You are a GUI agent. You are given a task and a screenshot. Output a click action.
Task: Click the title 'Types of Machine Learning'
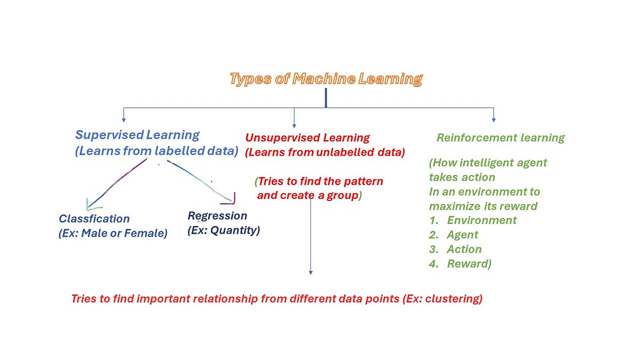point(326,79)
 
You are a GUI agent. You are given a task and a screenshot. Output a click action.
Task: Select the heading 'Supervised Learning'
point(137,135)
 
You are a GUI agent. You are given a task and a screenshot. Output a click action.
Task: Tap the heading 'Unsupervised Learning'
point(307,138)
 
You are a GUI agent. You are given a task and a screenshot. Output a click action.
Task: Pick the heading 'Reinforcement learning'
point(500,138)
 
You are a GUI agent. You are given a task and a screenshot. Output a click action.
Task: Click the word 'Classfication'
point(94,219)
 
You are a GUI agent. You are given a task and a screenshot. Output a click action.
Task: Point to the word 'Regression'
point(217,216)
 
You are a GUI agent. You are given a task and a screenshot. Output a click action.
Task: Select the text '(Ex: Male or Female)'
point(113,233)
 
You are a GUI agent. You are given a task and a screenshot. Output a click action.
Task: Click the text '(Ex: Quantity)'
point(223,231)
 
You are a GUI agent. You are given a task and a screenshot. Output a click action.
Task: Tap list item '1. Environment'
point(473,220)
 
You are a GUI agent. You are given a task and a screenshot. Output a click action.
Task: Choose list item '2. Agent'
point(454,235)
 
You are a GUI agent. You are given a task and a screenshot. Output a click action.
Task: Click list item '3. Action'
point(455,249)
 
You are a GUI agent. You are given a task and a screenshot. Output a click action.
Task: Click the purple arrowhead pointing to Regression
point(230,199)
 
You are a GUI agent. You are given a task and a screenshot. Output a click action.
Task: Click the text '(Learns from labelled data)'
point(156,151)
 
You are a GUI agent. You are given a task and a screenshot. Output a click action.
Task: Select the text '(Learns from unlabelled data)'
point(325,153)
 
